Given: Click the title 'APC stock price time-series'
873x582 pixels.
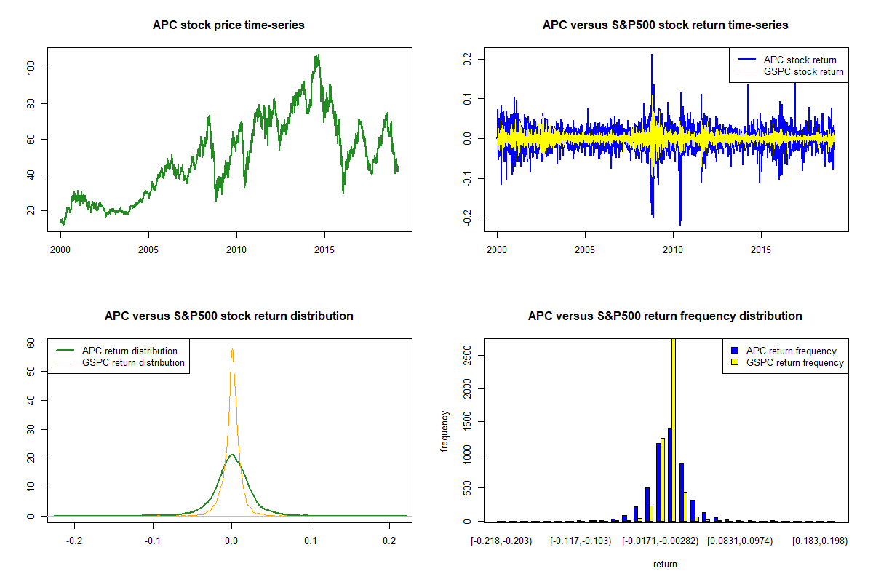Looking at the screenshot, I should [228, 25].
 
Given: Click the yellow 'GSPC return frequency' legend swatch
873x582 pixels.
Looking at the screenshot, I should [734, 362].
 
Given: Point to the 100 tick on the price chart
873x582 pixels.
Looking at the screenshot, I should [37, 68].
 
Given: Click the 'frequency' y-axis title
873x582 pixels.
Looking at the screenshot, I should [445, 431].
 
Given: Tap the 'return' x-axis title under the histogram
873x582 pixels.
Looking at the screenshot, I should [665, 564].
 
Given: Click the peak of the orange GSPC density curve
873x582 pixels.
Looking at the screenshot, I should [232, 350].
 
